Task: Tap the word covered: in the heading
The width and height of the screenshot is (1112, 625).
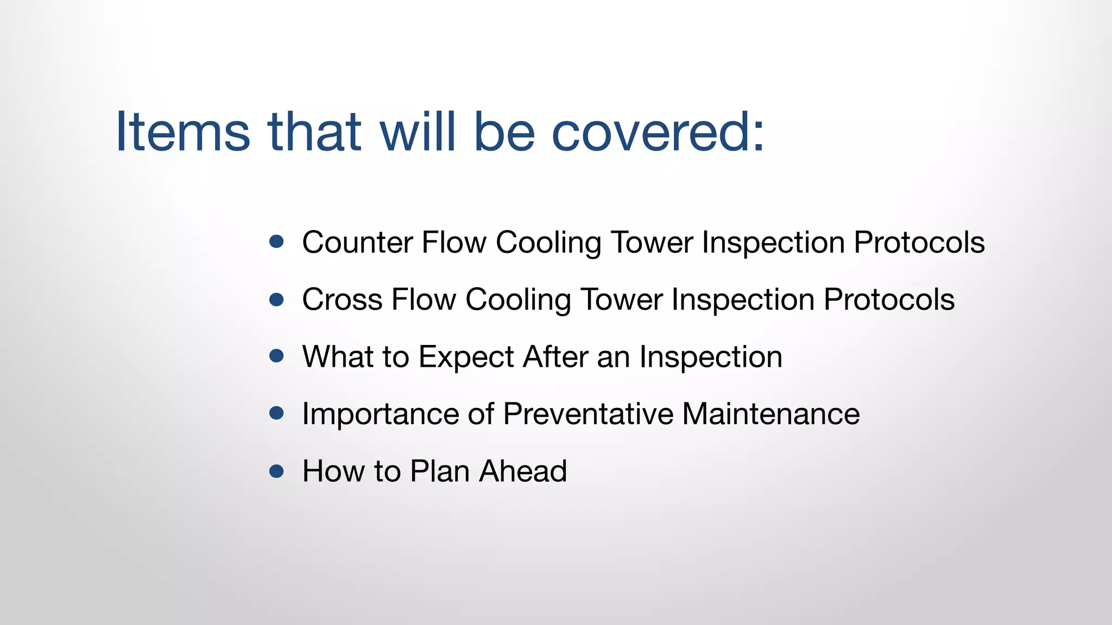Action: coord(658,132)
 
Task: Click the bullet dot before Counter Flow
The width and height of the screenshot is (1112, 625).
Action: coord(276,241)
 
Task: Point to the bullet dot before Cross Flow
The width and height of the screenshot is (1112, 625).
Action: coord(276,299)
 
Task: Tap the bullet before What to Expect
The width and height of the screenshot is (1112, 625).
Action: coord(276,356)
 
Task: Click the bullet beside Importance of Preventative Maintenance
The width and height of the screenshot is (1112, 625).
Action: coord(276,413)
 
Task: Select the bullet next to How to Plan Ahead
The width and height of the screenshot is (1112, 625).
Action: coord(276,470)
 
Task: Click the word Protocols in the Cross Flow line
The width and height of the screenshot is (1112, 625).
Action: coord(889,299)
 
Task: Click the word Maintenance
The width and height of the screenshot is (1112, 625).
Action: coord(770,414)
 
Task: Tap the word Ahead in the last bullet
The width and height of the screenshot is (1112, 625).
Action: coord(523,471)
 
